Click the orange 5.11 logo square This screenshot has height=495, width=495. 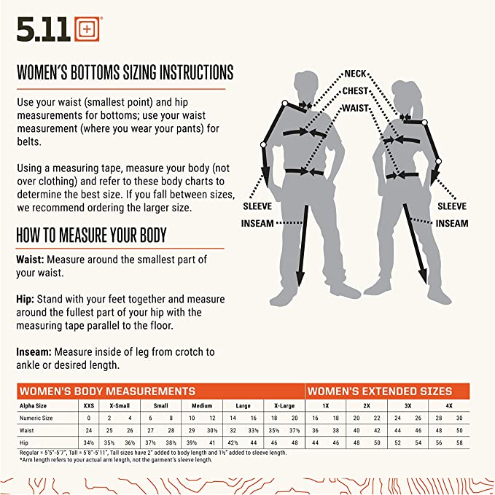[x=87, y=29]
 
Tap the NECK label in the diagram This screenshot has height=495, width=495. [x=355, y=74]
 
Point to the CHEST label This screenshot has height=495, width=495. [x=355, y=91]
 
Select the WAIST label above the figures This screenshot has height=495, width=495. [x=356, y=109]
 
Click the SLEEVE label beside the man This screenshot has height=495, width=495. [x=257, y=206]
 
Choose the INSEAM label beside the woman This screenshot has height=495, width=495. [x=452, y=224]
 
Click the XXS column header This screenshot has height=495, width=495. [x=89, y=405]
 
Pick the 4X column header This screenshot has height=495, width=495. [x=449, y=405]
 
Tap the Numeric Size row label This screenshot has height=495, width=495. [x=36, y=418]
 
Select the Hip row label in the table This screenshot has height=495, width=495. [x=23, y=443]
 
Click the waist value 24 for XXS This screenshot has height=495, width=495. [x=89, y=430]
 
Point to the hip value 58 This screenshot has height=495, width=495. [x=459, y=443]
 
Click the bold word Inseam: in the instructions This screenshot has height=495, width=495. [x=34, y=351]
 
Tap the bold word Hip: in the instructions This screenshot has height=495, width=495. [x=26, y=300]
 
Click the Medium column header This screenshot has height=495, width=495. [x=202, y=405]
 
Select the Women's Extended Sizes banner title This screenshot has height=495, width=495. [x=380, y=391]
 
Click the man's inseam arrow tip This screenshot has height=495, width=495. [x=300, y=286]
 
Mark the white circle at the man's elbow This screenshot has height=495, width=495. [x=263, y=144]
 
